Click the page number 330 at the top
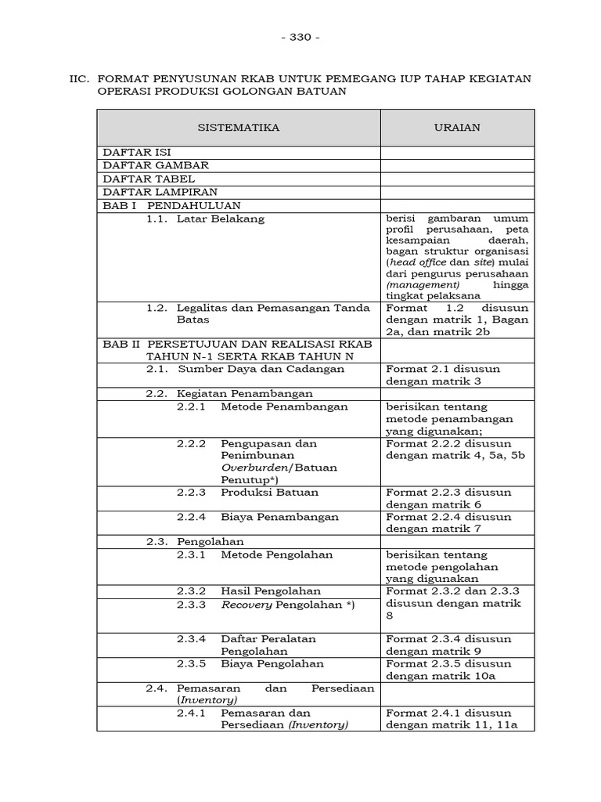(300, 37)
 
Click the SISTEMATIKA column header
(238, 127)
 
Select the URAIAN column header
(458, 127)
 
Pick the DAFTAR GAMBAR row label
(156, 165)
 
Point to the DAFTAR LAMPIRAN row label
(160, 192)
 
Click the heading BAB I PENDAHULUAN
(164, 205)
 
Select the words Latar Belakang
(221, 219)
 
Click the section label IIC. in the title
(80, 78)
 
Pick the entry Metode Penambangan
(284, 407)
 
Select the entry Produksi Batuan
(269, 493)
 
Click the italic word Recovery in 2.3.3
(247, 605)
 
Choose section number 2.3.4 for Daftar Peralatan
(191, 638)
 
